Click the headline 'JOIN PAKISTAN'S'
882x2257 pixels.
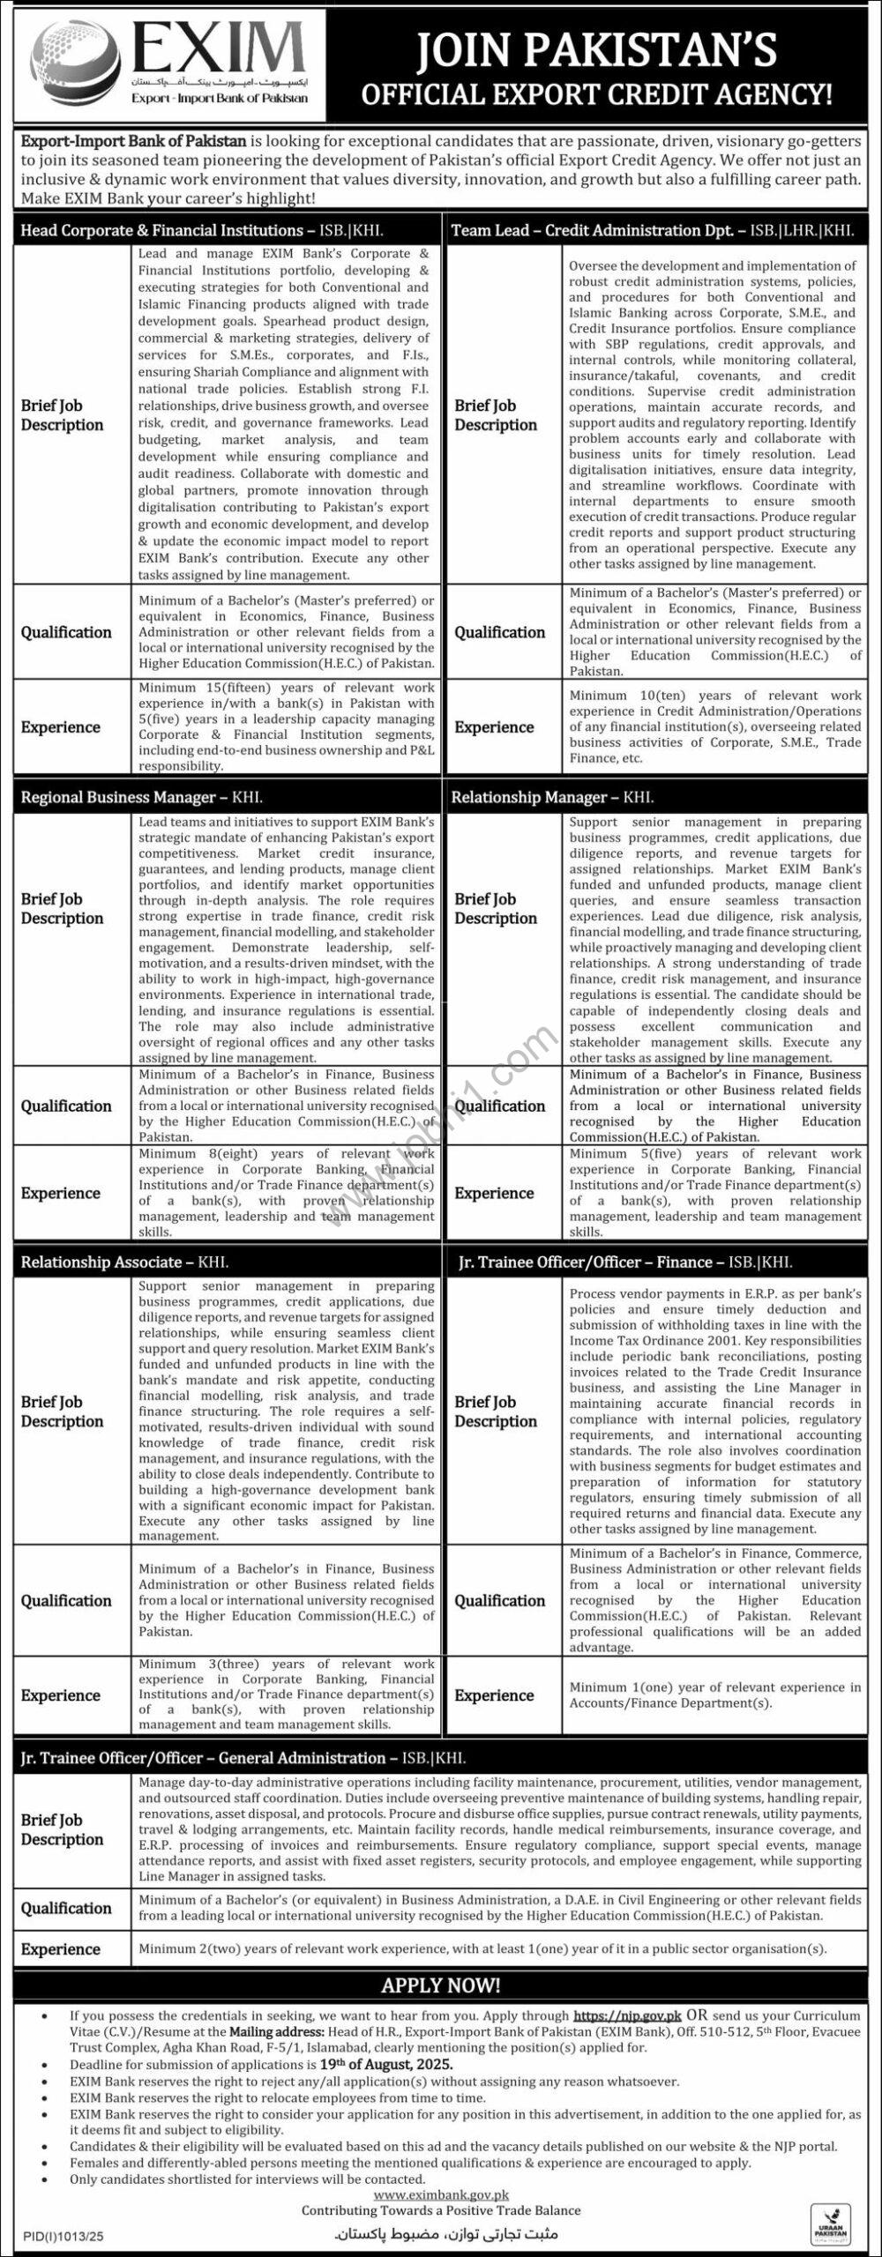pyautogui.click(x=596, y=50)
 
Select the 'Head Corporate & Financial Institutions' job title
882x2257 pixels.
pyautogui.click(x=161, y=230)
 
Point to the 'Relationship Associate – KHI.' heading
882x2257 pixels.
pyautogui.click(x=101, y=1262)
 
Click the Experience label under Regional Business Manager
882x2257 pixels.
pyautogui.click(x=60, y=1193)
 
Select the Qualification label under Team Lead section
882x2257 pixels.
pyautogui.click(x=499, y=632)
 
